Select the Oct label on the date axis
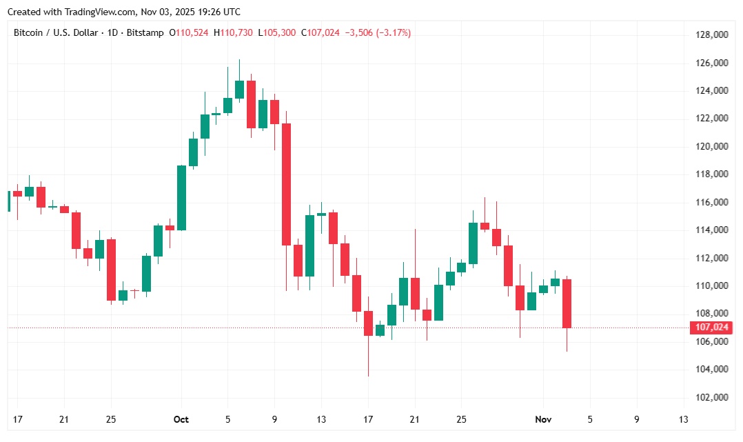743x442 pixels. point(181,419)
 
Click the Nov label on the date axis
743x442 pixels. point(544,419)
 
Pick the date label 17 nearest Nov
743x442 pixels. point(368,419)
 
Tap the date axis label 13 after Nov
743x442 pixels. point(683,419)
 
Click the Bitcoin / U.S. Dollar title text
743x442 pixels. point(57,32)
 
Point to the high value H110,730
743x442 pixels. point(234,32)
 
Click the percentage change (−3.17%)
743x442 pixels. point(393,32)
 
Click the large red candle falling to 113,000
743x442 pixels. point(286,184)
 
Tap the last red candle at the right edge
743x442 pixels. point(567,303)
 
